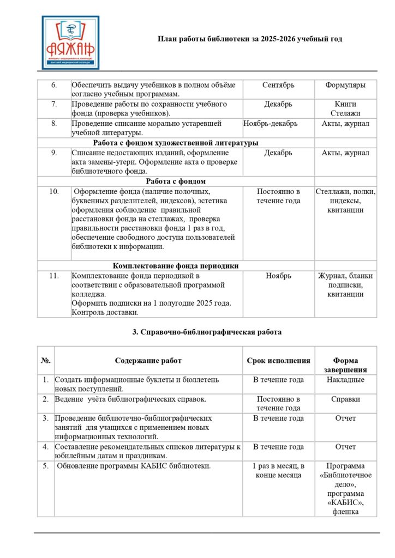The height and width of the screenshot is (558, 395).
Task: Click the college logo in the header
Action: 70,43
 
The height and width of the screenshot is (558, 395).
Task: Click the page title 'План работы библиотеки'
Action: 250,39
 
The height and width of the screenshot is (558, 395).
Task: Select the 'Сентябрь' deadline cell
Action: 278,85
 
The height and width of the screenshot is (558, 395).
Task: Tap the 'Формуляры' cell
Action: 345,85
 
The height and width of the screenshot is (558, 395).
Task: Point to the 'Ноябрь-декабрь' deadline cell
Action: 271,124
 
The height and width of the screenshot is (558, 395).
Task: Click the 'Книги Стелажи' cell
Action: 345,108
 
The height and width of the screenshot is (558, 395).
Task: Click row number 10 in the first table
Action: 54,192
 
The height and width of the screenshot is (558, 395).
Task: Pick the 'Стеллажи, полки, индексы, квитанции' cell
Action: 345,201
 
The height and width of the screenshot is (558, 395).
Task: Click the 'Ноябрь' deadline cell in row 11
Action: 278,276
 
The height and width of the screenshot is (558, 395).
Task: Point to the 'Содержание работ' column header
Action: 148,361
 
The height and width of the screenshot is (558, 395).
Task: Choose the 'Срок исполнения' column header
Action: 278,361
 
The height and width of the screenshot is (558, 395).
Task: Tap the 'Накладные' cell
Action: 345,380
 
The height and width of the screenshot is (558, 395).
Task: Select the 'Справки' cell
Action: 345,399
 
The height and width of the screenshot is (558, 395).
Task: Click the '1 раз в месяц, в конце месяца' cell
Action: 278,470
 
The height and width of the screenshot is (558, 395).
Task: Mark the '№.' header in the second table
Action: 46,361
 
